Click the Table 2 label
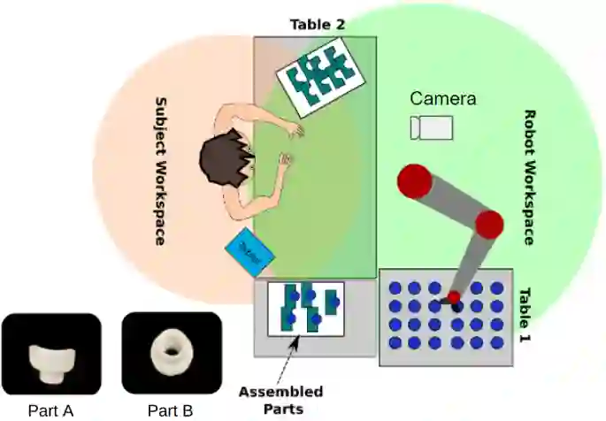(x=317, y=24)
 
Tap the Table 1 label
(x=525, y=316)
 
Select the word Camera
(x=442, y=99)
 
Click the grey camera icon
(x=432, y=127)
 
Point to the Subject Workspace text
(x=162, y=171)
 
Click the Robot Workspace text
(x=530, y=177)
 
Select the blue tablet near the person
(x=250, y=253)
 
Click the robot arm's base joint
(x=414, y=181)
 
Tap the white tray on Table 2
(x=319, y=78)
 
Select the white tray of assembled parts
(x=305, y=309)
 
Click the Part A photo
(x=50, y=354)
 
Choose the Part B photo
(x=170, y=352)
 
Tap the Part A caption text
(x=50, y=410)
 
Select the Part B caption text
(x=170, y=410)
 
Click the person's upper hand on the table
(x=294, y=130)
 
